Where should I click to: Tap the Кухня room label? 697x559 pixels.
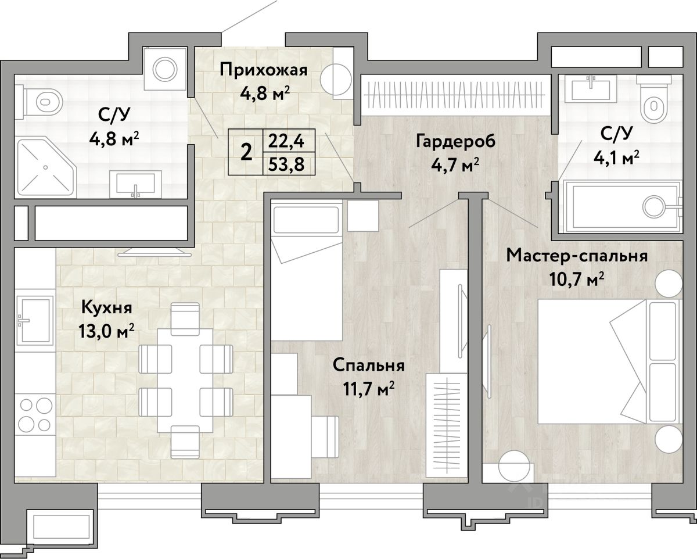(x=106, y=307)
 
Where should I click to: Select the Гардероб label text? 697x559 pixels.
(x=456, y=142)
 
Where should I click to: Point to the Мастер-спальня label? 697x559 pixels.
(x=577, y=256)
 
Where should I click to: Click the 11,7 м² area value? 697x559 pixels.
(x=369, y=389)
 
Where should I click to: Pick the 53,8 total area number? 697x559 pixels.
(x=286, y=164)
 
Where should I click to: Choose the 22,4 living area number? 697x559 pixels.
(x=286, y=141)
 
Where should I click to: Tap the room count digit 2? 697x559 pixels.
(x=246, y=152)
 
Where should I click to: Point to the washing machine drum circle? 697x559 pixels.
(x=165, y=70)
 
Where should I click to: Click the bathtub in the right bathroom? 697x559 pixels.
(x=619, y=206)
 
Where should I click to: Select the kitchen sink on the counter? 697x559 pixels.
(x=36, y=320)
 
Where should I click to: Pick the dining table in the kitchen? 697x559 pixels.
(x=185, y=380)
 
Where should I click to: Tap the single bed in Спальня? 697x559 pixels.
(x=307, y=270)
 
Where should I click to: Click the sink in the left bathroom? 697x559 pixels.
(x=135, y=184)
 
